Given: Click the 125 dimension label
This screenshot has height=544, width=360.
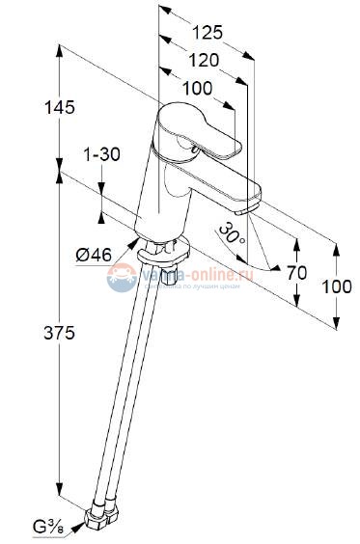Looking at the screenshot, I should pos(206,32).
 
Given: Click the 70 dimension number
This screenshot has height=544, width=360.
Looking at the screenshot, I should pos(296,273).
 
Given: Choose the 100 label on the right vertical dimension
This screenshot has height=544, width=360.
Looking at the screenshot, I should pos(335,286).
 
